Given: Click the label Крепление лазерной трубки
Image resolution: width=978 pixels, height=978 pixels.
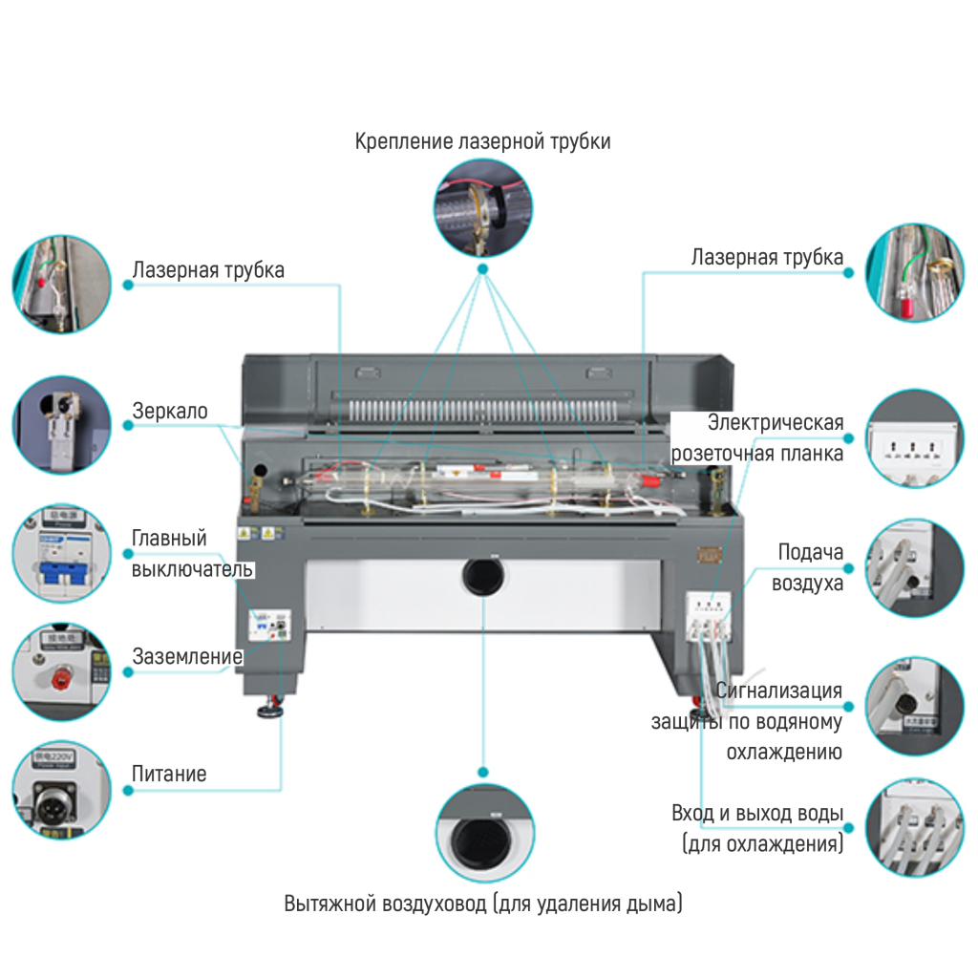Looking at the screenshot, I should [x=482, y=141].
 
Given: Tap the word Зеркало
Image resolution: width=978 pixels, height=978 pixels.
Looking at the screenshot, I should [x=170, y=413].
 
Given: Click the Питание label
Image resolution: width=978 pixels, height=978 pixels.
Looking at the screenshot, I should [x=169, y=774].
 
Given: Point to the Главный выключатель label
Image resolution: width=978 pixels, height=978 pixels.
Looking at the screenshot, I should [x=192, y=554].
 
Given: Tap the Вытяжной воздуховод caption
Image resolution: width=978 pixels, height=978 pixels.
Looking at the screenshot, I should [x=483, y=904].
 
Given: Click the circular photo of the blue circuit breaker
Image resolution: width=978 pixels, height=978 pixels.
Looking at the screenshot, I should [x=61, y=555].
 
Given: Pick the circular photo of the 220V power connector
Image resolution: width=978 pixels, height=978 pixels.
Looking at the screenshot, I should [x=61, y=789].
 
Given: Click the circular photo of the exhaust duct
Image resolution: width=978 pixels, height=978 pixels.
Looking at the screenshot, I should [x=484, y=832].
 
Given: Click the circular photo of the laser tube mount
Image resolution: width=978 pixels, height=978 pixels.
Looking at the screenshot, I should [x=483, y=205].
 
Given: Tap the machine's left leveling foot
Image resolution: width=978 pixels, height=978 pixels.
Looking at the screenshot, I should [x=270, y=710].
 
